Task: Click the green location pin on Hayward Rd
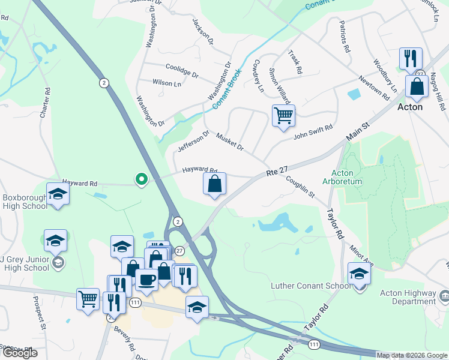(141, 179)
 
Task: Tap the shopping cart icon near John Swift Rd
(283, 115)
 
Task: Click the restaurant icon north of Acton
(411, 58)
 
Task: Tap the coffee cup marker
(146, 279)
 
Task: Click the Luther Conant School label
(311, 286)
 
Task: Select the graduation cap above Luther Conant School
(359, 273)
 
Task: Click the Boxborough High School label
(24, 201)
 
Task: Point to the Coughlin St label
(300, 186)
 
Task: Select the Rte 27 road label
(278, 173)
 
